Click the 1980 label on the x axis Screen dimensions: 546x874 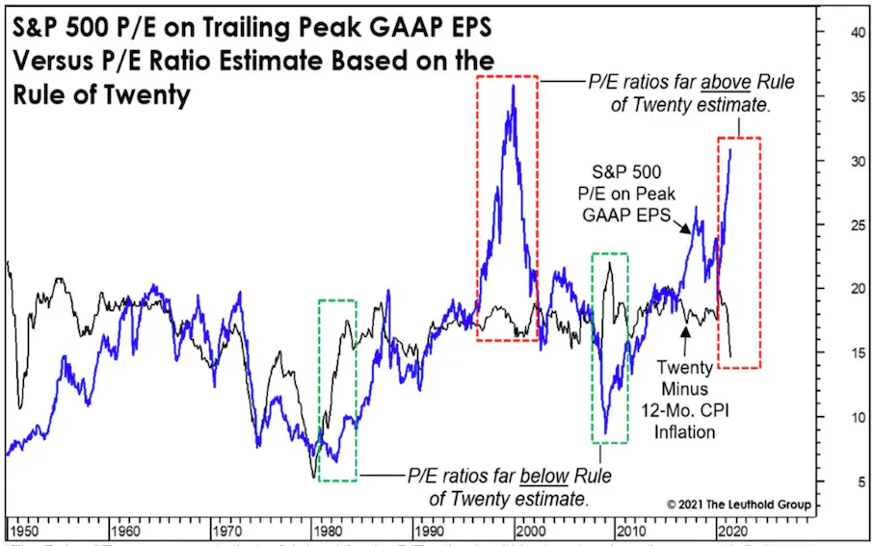coord(330,530)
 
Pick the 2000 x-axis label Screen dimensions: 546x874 coord(532,530)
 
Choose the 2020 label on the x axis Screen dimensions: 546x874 coord(733,530)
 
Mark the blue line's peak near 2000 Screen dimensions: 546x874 coord(513,86)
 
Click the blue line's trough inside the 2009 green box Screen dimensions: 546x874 coord(605,433)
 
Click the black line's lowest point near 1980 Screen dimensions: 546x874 coord(314,476)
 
